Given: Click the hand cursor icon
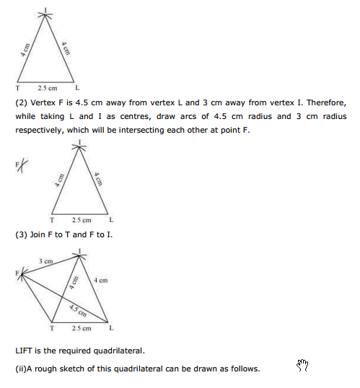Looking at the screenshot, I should [302, 366].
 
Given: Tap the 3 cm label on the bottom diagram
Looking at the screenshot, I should [45, 260].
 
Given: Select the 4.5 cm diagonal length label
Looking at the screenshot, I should [79, 312].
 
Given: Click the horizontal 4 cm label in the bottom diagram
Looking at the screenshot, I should [100, 280].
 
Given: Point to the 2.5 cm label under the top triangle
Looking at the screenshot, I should [48, 88].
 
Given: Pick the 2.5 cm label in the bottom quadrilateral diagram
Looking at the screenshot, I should [81, 329].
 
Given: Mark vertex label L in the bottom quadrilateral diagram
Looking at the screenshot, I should [110, 329].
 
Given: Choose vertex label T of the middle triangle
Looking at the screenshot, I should [53, 220].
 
